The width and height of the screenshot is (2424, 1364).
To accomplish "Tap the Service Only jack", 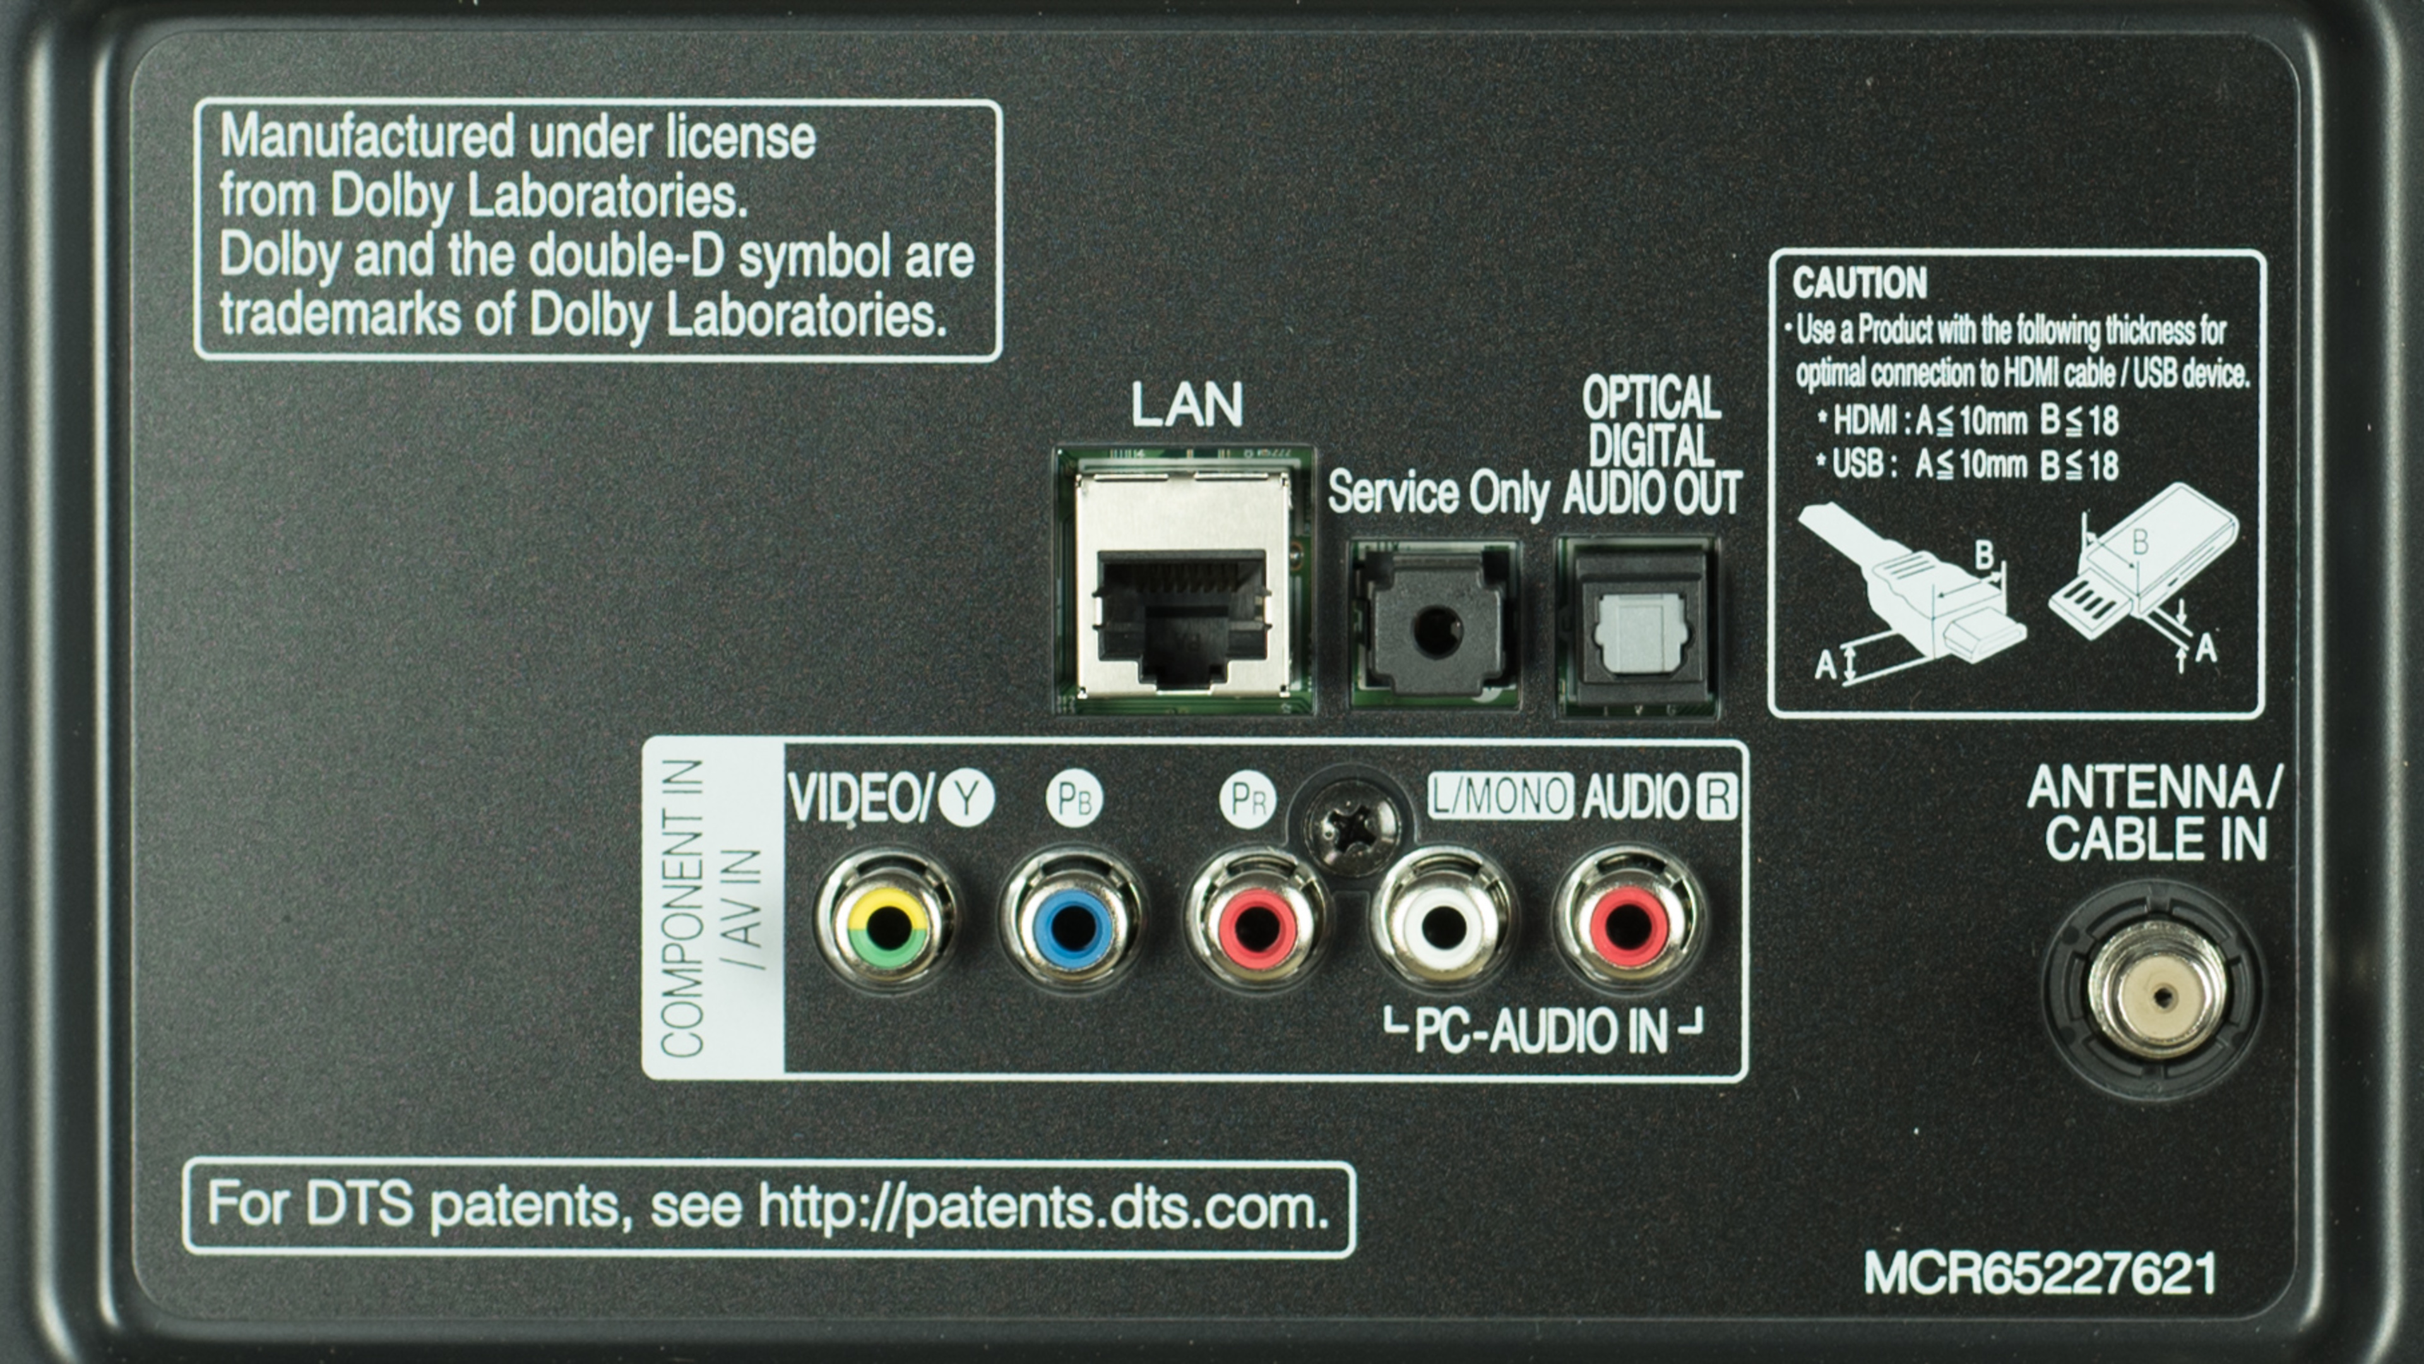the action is pyautogui.click(x=1434, y=624).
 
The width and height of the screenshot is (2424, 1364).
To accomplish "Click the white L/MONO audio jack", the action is pyautogui.click(x=1440, y=924).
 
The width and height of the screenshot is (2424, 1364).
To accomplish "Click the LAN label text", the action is pyautogui.click(x=1187, y=405).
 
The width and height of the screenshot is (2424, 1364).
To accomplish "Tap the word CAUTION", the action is pyautogui.click(x=1860, y=282).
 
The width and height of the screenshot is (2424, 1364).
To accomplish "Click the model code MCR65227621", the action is pyautogui.click(x=2040, y=1274).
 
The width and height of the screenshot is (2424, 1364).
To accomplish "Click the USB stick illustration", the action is pyautogui.click(x=2144, y=565).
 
